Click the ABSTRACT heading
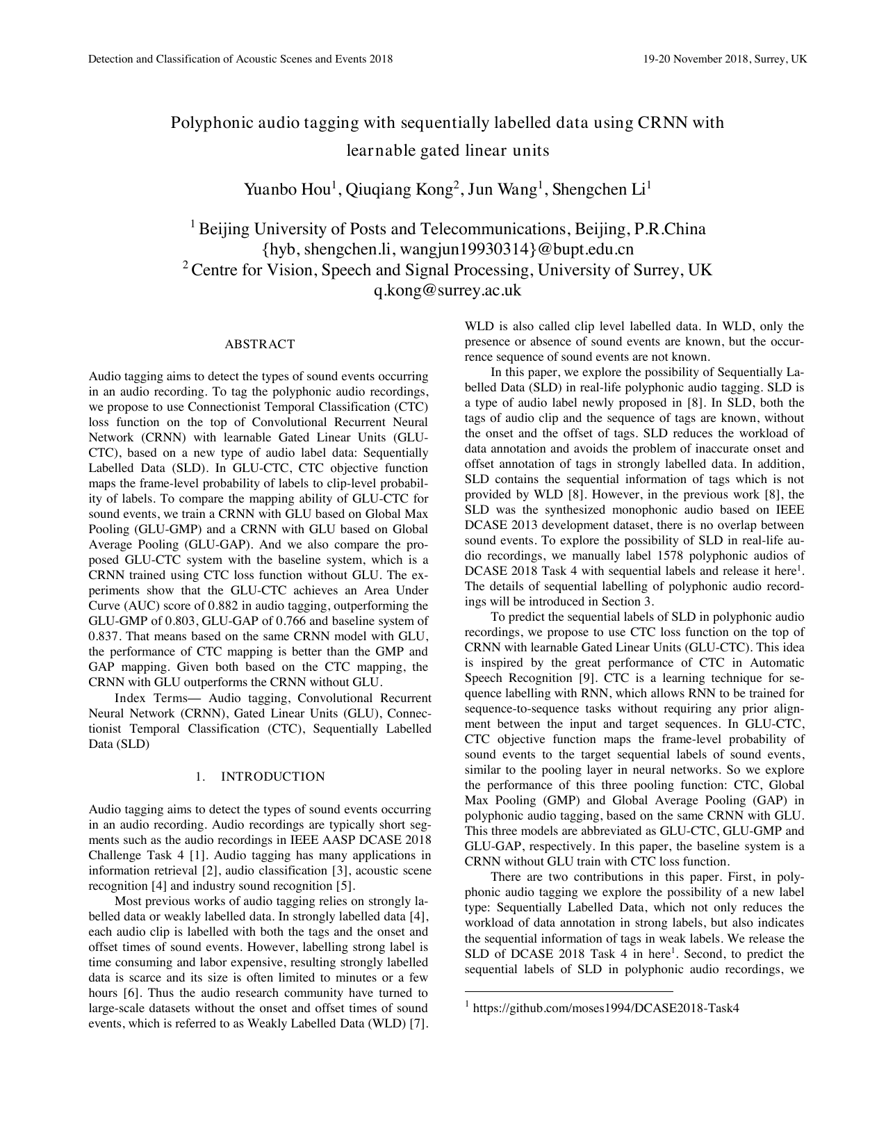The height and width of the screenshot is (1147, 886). tap(260, 344)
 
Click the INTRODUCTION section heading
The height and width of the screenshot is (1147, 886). tap(272, 776)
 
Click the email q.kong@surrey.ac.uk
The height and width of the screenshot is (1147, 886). tap(448, 291)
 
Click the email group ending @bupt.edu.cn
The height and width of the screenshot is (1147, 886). tap(448, 249)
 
